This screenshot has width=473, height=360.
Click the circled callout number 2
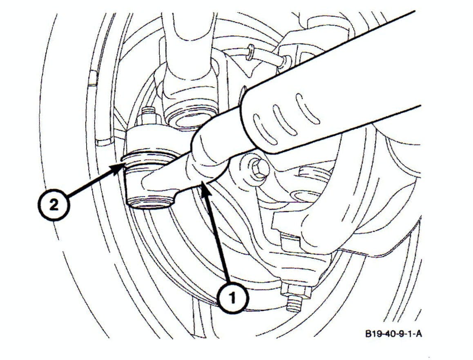[x=54, y=206]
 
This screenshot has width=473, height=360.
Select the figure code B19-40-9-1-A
[x=393, y=334]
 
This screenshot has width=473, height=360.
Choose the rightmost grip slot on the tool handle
[x=307, y=109]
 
